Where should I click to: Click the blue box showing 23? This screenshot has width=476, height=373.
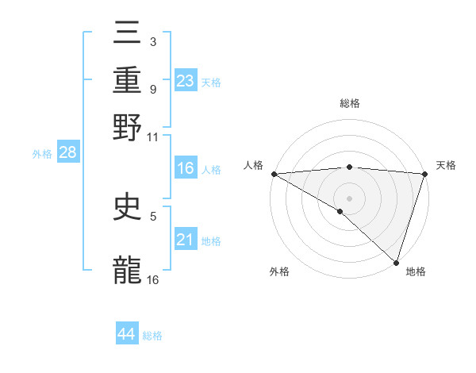pyautogui.click(x=185, y=80)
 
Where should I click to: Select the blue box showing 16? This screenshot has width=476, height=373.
pyautogui.click(x=185, y=168)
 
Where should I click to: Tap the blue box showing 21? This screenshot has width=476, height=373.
pyautogui.click(x=185, y=240)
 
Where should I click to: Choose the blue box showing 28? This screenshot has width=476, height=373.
pyautogui.click(x=67, y=152)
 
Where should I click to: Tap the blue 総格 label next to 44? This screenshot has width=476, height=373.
pyautogui.click(x=152, y=336)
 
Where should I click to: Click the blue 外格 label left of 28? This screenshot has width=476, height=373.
pyautogui.click(x=42, y=154)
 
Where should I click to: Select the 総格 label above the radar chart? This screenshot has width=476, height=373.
pyautogui.click(x=349, y=103)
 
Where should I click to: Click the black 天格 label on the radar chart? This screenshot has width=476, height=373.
pyautogui.click(x=446, y=165)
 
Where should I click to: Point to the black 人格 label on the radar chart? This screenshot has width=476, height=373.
pyautogui.click(x=254, y=165)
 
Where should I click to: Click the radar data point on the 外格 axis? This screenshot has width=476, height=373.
pyautogui.click(x=340, y=211)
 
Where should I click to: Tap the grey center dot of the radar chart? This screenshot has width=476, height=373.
pyautogui.click(x=349, y=198)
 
